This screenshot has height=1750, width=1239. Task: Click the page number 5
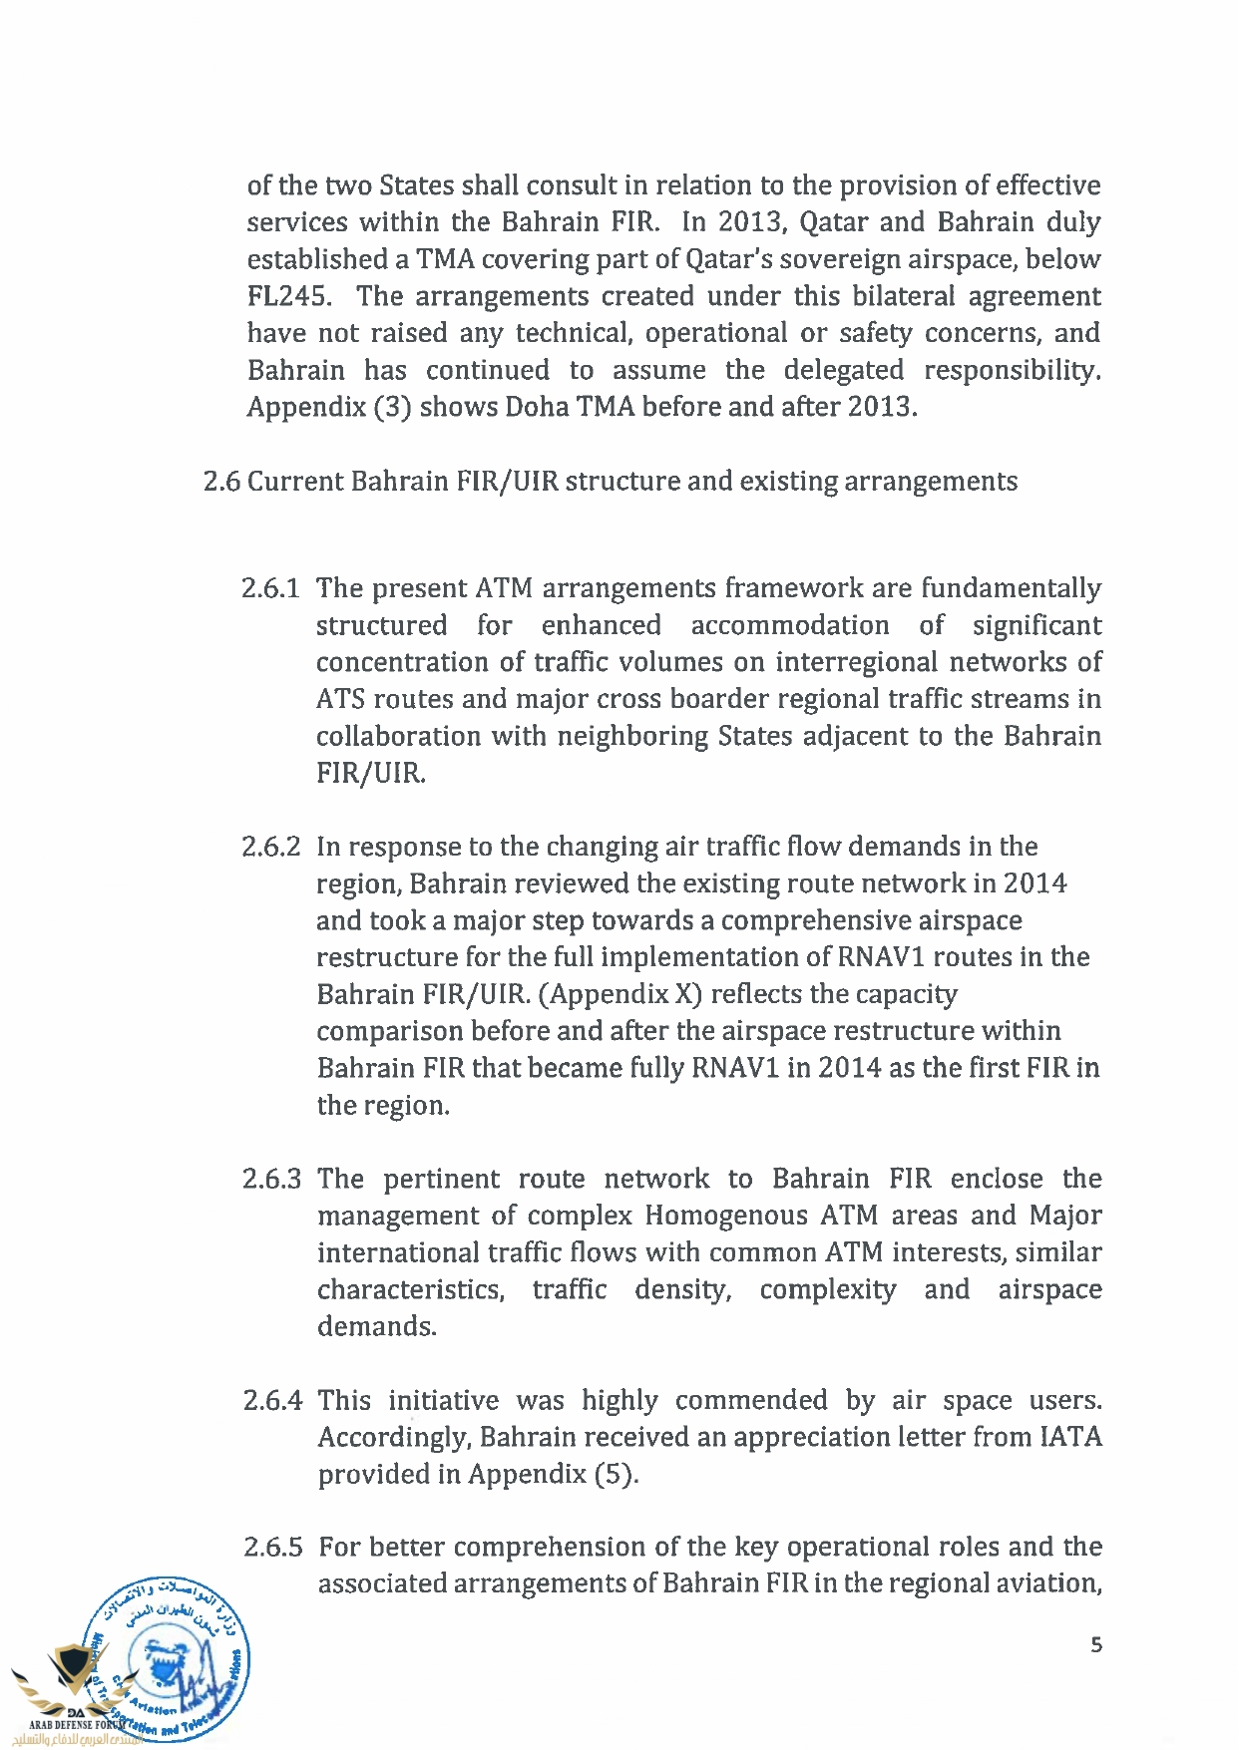click(x=1096, y=1644)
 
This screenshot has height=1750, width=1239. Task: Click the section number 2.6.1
click(x=270, y=588)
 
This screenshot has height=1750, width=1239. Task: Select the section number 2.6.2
click(x=270, y=847)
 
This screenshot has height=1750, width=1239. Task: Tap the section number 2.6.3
click(x=271, y=1179)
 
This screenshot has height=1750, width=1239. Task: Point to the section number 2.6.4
click(x=272, y=1400)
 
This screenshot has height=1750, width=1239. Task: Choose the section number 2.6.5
click(x=272, y=1547)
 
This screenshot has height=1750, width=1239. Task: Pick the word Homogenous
click(x=726, y=1216)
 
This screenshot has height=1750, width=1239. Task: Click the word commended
click(x=750, y=1400)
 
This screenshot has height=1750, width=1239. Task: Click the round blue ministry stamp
click(x=166, y=1660)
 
